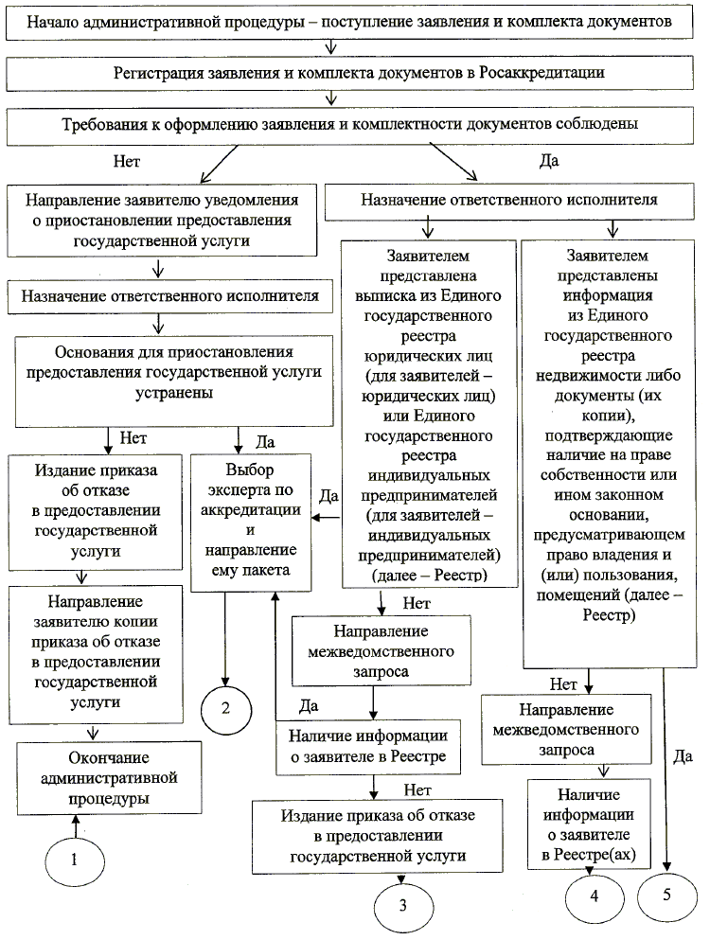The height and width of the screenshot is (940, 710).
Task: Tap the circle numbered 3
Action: click(x=403, y=905)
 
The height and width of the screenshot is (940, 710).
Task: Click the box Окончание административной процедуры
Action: click(x=107, y=778)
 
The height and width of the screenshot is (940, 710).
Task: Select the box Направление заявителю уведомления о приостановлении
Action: click(x=162, y=221)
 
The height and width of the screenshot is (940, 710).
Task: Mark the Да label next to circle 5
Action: click(x=683, y=754)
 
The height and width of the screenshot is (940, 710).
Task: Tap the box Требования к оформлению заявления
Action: click(x=354, y=124)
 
